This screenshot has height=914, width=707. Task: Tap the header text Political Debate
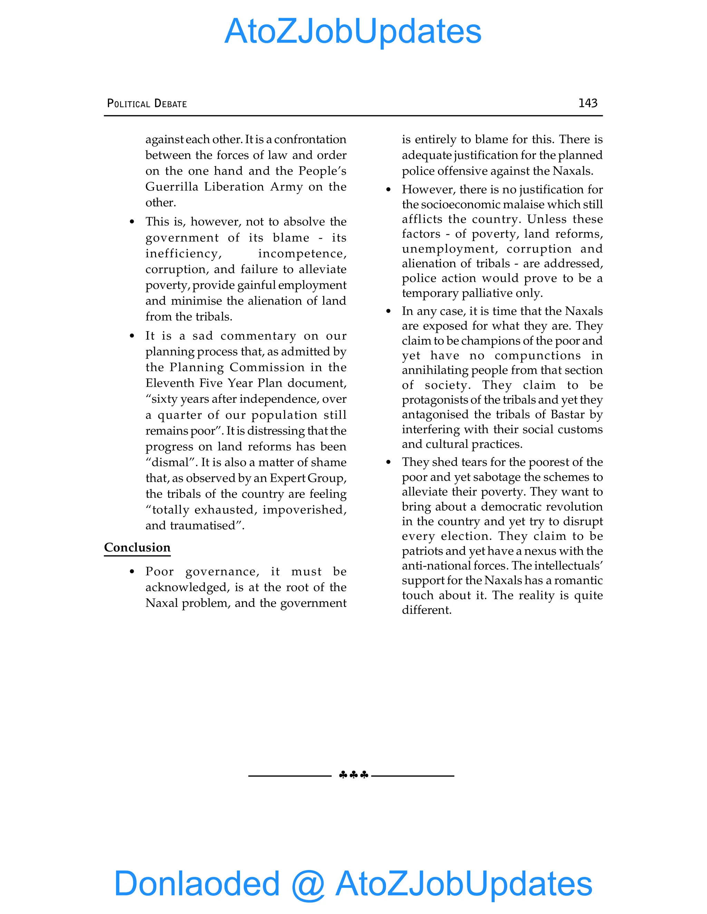tap(147, 103)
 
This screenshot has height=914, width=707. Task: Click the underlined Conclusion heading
tap(137, 547)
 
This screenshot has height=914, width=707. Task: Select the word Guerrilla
tap(172, 187)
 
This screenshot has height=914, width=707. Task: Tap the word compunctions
tap(538, 355)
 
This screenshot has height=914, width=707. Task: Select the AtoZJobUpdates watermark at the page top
tap(353, 31)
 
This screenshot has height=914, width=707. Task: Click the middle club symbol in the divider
tap(354, 775)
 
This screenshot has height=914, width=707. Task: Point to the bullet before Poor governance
tap(132, 572)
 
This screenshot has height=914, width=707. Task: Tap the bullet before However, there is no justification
tap(388, 190)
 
